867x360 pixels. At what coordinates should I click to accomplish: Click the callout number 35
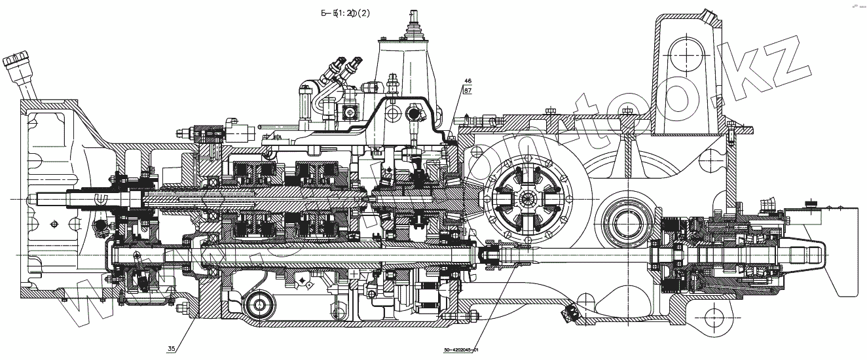172,348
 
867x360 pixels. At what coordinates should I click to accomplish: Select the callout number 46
468,81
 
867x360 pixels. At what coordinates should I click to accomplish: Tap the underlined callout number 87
468,91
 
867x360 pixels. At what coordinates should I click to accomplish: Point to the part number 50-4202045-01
462,351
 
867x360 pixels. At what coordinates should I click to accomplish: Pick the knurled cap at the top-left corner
14,62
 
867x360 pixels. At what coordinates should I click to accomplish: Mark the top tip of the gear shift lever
413,12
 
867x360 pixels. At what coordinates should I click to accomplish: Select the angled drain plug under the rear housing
570,314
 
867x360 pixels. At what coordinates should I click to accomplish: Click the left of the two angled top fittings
338,67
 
